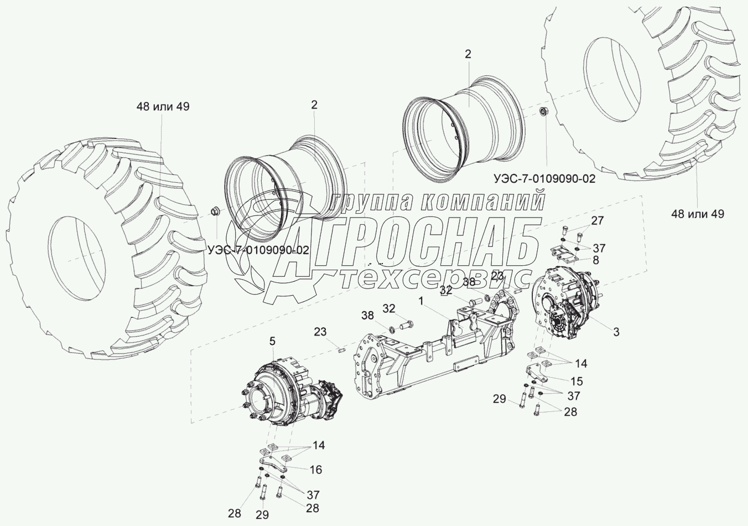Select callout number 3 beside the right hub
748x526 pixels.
615,332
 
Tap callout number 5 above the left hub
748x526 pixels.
272,341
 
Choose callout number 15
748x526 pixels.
576,381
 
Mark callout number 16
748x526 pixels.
315,470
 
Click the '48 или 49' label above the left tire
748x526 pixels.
163,106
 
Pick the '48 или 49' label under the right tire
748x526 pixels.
697,214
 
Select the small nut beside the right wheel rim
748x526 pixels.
544,112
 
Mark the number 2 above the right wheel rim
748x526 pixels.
468,54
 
